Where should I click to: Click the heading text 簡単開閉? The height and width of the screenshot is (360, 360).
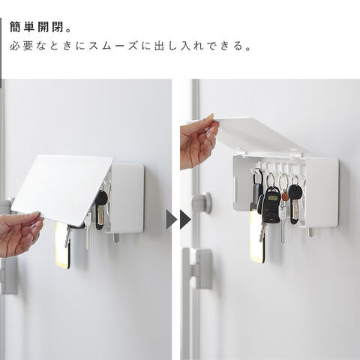pyautogui.click(x=37, y=27)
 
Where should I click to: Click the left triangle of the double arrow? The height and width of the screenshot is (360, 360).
pyautogui.click(x=171, y=220)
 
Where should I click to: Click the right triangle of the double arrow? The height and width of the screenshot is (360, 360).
pyautogui.click(x=185, y=220)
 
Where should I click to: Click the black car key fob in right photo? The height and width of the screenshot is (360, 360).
pyautogui.click(x=271, y=205)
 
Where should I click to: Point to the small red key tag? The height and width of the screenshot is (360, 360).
pyautogui.click(x=285, y=196)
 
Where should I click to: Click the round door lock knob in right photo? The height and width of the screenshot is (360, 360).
pyautogui.click(x=202, y=202)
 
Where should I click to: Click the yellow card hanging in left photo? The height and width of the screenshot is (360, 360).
pyautogui.click(x=62, y=246)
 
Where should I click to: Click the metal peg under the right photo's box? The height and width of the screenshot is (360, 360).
pyautogui.click(x=310, y=232)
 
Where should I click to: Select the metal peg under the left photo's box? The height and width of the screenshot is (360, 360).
pyautogui.click(x=116, y=238)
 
